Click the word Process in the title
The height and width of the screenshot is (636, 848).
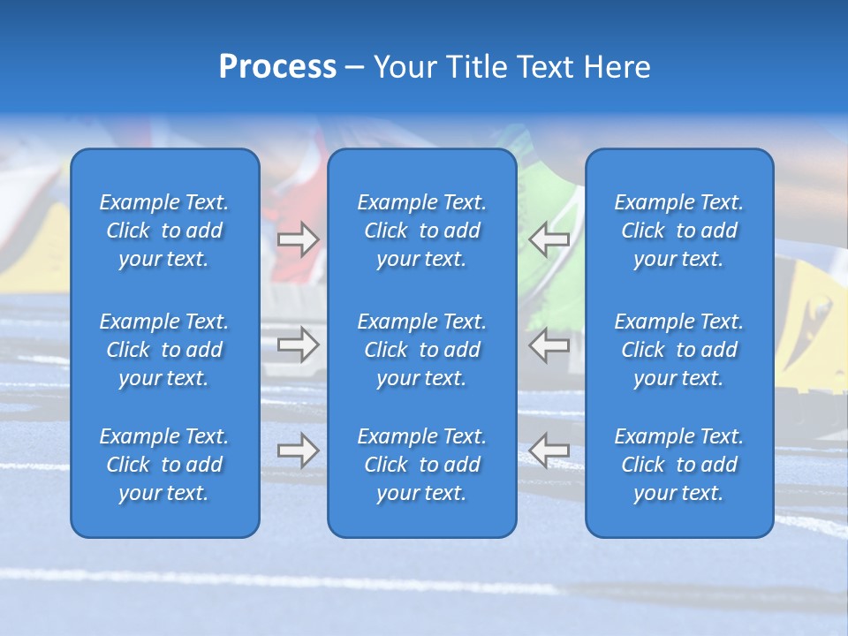coord(277,67)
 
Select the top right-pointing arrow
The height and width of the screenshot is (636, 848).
coord(298,239)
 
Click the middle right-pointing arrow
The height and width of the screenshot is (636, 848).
coord(298,344)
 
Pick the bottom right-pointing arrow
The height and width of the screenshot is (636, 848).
coord(298,450)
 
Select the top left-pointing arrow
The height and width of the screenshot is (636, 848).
coord(549,239)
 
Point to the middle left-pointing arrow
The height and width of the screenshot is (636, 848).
coord(549,344)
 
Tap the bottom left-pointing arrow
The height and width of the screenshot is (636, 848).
coord(549,450)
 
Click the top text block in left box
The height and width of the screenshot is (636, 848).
coord(164,231)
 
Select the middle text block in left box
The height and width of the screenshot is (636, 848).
coord(164,350)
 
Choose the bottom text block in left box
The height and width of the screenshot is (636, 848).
coord(164,465)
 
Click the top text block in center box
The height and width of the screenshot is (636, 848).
coord(421,231)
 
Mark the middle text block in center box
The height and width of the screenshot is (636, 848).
coord(421,350)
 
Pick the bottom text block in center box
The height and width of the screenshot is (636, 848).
coord(421,465)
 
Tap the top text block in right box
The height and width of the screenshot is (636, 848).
coord(678,231)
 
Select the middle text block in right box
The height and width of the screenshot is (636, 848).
coord(678,350)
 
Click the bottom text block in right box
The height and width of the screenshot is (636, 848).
coord(678,465)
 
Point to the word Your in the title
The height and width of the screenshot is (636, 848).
coord(402,67)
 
